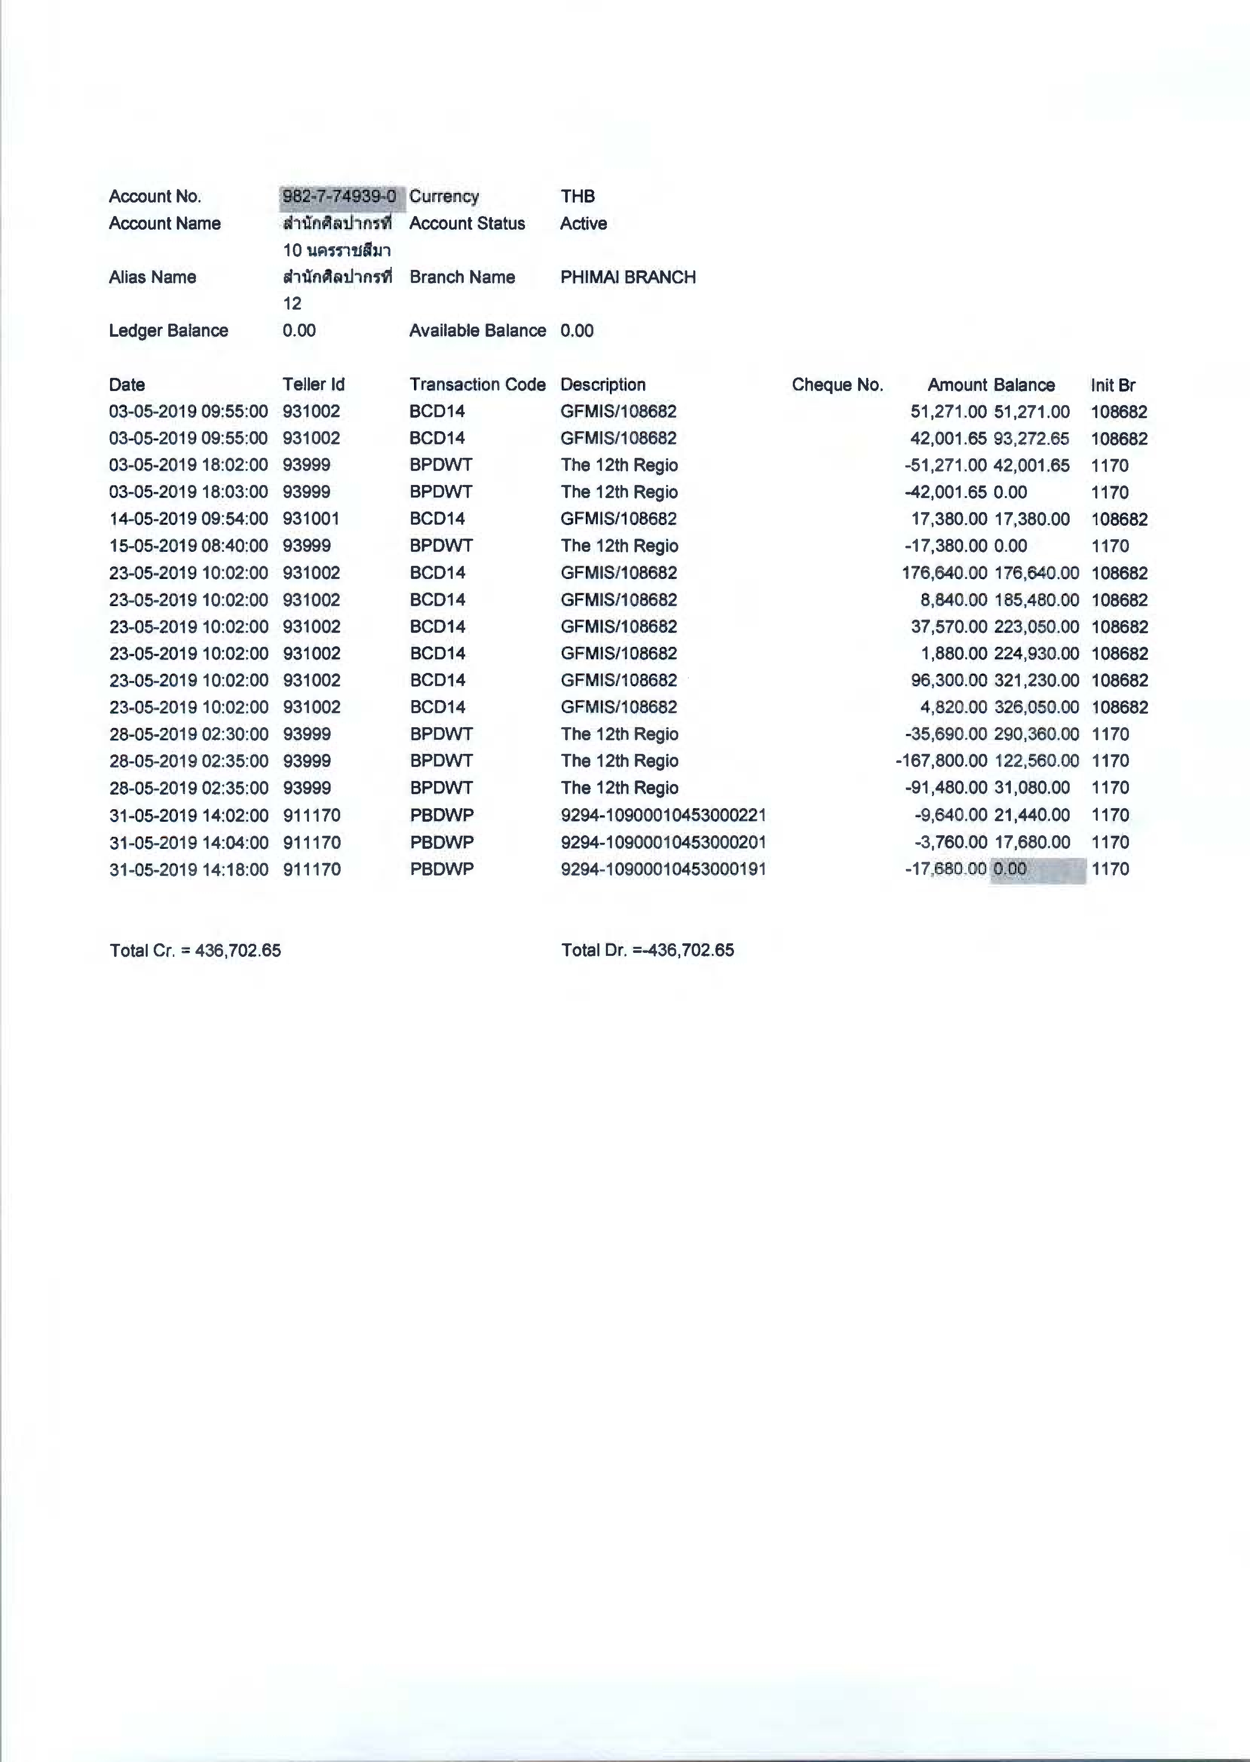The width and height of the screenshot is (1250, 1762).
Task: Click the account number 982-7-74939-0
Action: click(339, 197)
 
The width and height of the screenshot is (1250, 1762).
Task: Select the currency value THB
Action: click(577, 197)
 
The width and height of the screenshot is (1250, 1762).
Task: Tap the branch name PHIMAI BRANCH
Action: click(628, 277)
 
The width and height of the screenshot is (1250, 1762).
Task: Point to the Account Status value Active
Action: click(583, 223)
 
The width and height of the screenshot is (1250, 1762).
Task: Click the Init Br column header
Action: click(1112, 385)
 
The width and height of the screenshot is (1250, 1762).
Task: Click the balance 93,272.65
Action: click(1031, 439)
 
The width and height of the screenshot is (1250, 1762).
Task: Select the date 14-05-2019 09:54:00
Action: click(188, 519)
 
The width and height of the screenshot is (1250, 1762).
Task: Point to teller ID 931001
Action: click(311, 519)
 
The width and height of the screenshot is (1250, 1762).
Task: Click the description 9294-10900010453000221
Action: click(664, 815)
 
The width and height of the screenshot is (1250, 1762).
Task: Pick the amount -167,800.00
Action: click(941, 760)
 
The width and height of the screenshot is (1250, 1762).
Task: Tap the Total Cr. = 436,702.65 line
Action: click(195, 950)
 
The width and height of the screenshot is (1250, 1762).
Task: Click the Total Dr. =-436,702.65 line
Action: click(647, 950)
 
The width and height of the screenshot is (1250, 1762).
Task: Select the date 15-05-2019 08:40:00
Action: click(188, 546)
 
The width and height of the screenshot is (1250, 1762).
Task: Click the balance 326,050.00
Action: click(1036, 707)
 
